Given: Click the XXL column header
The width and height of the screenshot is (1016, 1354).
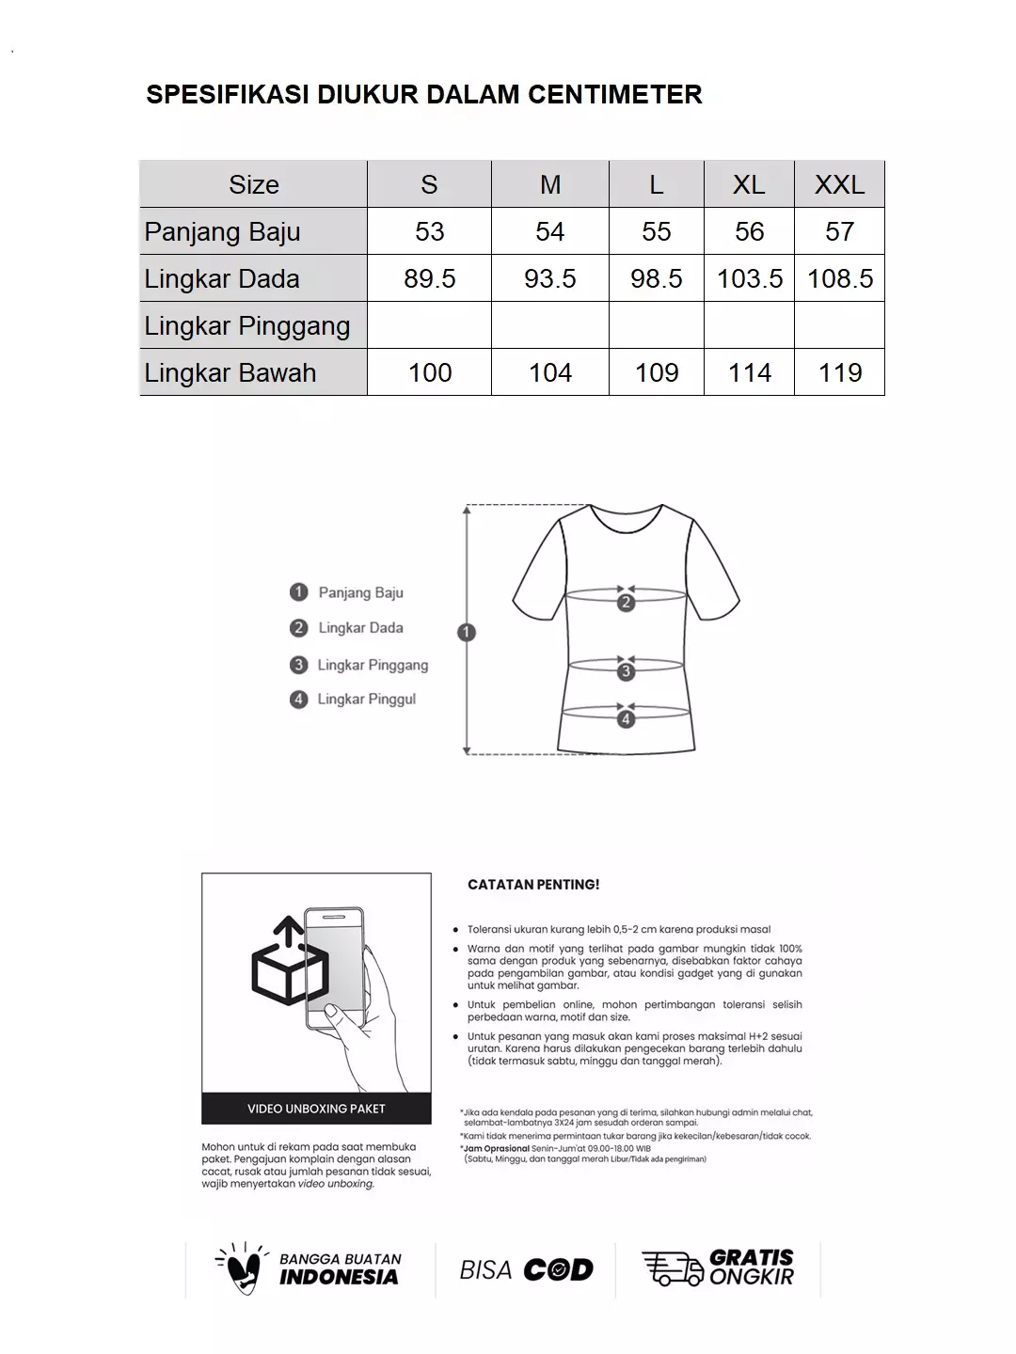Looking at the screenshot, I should pyautogui.click(x=839, y=184).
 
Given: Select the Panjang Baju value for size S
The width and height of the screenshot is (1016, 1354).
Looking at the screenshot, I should pyautogui.click(x=429, y=231).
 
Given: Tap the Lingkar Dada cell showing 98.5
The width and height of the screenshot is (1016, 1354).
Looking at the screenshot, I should pyautogui.click(x=656, y=278).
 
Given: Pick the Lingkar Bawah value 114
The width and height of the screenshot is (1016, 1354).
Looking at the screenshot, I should pyautogui.click(x=749, y=372).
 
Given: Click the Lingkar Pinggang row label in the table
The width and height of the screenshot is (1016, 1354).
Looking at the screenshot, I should pyautogui.click(x=246, y=325).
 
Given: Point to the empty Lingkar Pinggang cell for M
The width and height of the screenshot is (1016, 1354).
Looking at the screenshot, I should pyautogui.click(x=549, y=325).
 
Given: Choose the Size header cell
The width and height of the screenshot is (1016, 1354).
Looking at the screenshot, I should pyautogui.click(x=253, y=184).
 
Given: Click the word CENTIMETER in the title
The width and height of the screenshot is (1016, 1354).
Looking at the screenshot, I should pyautogui.click(x=614, y=94).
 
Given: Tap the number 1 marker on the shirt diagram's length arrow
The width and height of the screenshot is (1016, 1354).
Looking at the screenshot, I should pyautogui.click(x=467, y=633).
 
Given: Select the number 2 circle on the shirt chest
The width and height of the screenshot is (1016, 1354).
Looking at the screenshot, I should pyautogui.click(x=627, y=603).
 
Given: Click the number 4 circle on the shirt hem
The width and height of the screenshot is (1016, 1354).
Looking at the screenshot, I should pyautogui.click(x=627, y=719).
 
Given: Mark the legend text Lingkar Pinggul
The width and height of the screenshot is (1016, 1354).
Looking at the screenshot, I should pyautogui.click(x=366, y=699).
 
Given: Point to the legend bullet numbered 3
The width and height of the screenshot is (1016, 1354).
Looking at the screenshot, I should pyautogui.click(x=299, y=665).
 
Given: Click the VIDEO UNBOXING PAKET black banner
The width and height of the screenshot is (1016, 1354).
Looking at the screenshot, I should pyautogui.click(x=316, y=1109).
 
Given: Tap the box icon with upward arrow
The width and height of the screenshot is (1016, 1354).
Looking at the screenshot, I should pyautogui.click(x=289, y=964).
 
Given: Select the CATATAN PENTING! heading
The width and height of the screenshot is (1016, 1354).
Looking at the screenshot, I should pyautogui.click(x=533, y=885).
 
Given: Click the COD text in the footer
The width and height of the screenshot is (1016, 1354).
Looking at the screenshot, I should pyautogui.click(x=558, y=1270).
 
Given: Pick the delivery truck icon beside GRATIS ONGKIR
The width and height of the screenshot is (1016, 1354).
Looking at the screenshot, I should pyautogui.click(x=672, y=1267).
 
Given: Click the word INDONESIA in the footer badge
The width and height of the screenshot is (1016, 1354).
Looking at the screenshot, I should pyautogui.click(x=339, y=1277).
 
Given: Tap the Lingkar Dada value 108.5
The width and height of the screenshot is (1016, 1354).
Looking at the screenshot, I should pyautogui.click(x=839, y=278).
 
